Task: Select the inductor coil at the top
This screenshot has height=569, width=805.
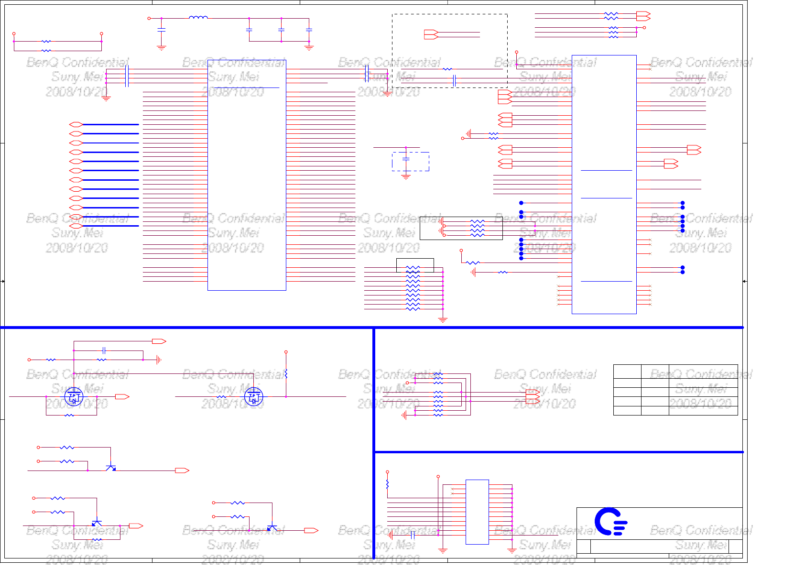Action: click(x=198, y=18)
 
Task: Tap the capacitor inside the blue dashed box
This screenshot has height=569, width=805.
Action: click(x=406, y=158)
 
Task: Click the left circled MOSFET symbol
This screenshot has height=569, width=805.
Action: click(x=74, y=396)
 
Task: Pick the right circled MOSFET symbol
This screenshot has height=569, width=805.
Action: click(x=253, y=396)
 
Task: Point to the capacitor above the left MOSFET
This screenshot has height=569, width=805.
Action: click(x=104, y=350)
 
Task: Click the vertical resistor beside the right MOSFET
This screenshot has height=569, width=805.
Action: click(x=286, y=373)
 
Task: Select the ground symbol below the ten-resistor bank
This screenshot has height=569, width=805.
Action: click(x=443, y=319)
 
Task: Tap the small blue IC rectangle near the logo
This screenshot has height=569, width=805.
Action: click(x=477, y=512)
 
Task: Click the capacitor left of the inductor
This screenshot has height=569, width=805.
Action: click(x=162, y=30)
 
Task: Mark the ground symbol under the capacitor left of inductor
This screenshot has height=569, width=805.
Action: click(x=162, y=47)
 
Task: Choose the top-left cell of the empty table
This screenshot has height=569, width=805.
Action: click(x=627, y=372)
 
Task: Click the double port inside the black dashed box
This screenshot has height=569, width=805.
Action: click(x=431, y=34)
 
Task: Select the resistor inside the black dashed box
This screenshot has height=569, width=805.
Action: click(x=447, y=69)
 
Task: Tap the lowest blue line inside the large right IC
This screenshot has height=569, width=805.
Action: click(x=606, y=281)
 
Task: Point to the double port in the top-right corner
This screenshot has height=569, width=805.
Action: click(x=643, y=16)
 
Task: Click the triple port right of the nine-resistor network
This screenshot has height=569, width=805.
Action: click(x=533, y=396)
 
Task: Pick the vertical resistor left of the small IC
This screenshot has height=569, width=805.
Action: click(x=387, y=484)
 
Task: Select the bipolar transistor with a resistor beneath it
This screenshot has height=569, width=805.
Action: click(x=97, y=523)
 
